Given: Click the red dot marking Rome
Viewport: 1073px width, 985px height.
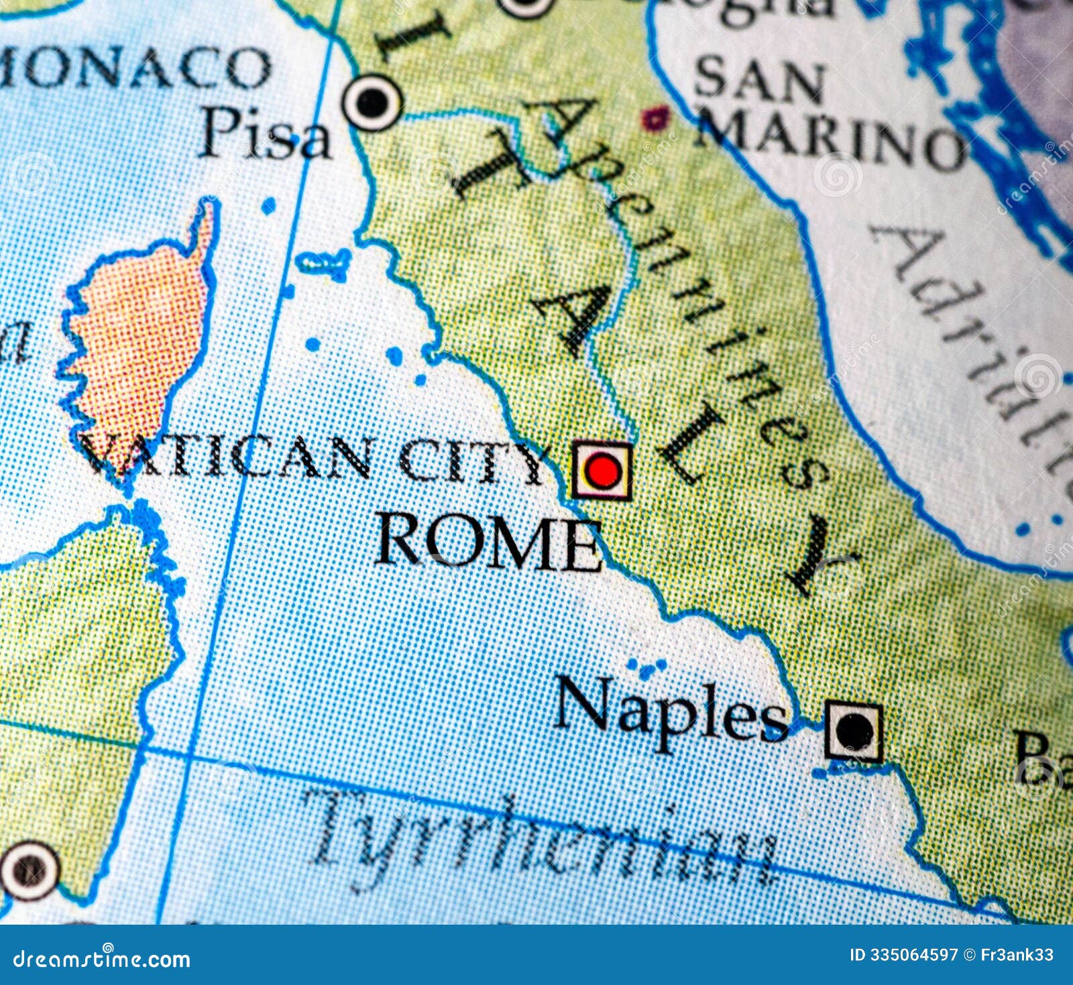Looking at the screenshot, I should pyautogui.click(x=601, y=471).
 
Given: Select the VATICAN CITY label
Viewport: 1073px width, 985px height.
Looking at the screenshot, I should pyautogui.click(x=315, y=459).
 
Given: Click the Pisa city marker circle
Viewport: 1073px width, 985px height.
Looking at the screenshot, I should pyautogui.click(x=372, y=103).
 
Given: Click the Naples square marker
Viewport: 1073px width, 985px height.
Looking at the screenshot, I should pyautogui.click(x=853, y=731).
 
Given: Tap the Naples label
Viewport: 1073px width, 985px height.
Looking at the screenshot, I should pyautogui.click(x=671, y=714).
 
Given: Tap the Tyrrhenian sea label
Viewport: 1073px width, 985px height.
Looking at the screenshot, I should pyautogui.click(x=543, y=842).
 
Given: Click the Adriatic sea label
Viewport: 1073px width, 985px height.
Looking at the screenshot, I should pyautogui.click(x=979, y=335).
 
